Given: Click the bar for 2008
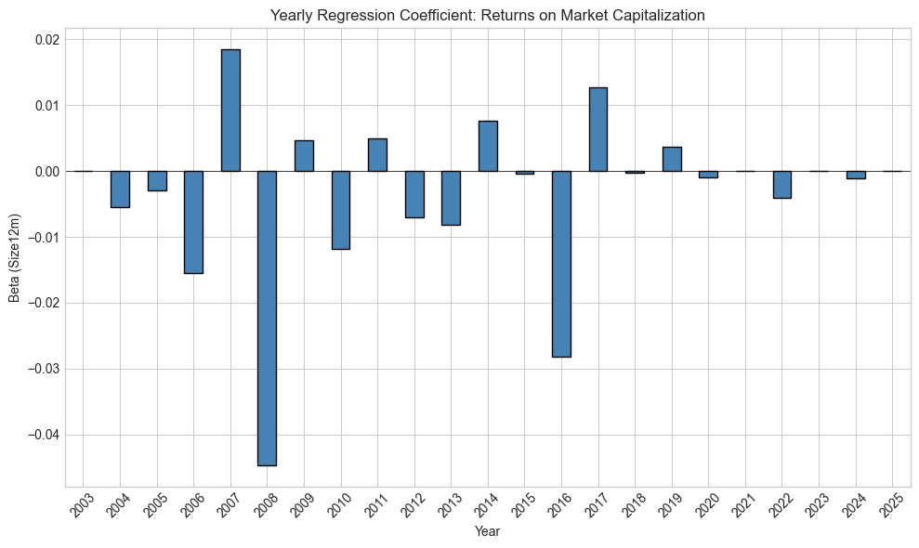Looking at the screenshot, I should (267, 318).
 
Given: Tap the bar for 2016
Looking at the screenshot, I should (561, 264).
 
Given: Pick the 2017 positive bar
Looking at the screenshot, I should (598, 129).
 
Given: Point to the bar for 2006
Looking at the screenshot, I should (193, 222).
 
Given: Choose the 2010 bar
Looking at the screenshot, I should (341, 210).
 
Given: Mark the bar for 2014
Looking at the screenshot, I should (488, 146).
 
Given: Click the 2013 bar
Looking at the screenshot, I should (451, 198).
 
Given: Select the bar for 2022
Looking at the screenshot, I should (782, 185).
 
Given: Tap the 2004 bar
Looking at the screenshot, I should (120, 189).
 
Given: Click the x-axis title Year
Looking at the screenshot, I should (488, 531).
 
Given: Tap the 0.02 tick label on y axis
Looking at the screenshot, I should (46, 40).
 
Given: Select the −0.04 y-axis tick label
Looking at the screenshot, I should (43, 436).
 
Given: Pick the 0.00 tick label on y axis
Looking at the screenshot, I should (46, 172).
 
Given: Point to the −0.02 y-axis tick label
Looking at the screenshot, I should (43, 304).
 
